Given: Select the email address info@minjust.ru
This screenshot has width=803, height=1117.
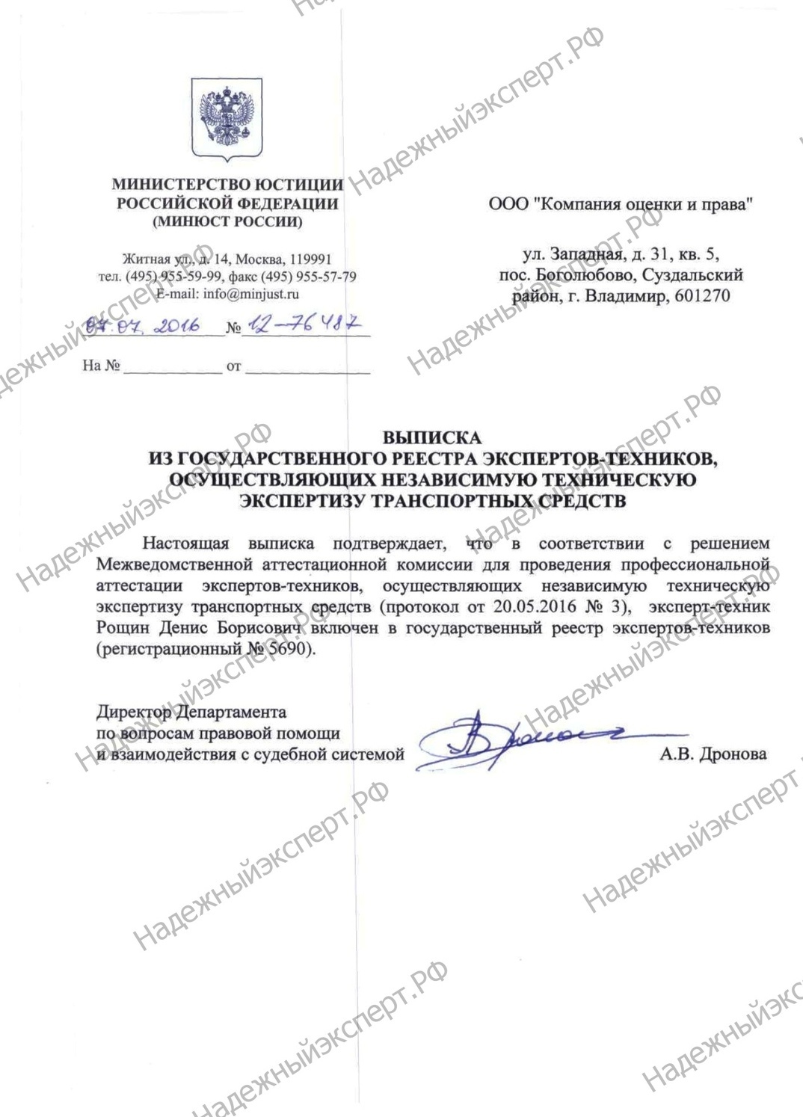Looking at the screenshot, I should [x=250, y=294].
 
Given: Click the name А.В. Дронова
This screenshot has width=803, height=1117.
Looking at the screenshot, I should [x=713, y=754].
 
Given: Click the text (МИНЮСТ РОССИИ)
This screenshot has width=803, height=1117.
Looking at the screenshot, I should [x=227, y=222].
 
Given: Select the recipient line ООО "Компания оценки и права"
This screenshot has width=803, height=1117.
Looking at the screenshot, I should [x=620, y=204].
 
